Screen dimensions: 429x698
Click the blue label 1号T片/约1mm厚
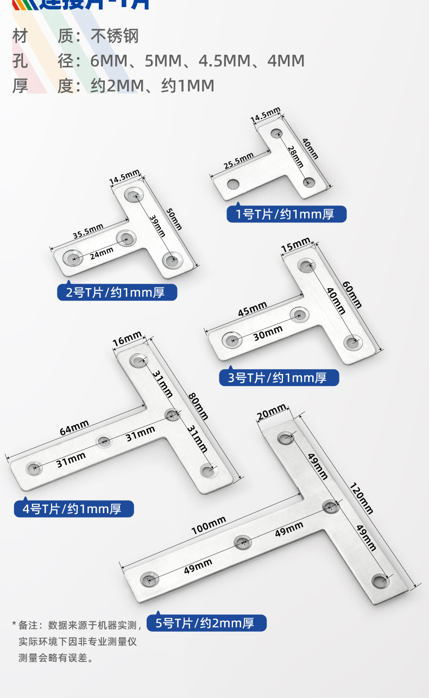click(x=286, y=214)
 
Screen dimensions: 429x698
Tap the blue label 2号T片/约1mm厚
click(x=117, y=292)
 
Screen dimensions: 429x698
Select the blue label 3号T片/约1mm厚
click(x=279, y=377)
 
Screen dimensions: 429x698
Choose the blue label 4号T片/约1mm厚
click(x=74, y=509)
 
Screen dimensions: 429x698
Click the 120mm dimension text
click(x=361, y=498)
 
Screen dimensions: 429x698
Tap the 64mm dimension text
click(x=74, y=427)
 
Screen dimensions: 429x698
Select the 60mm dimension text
click(x=352, y=295)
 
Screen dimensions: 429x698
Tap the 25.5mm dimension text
click(x=238, y=161)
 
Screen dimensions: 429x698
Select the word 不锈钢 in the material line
click(x=115, y=36)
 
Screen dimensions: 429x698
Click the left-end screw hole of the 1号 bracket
click(x=234, y=184)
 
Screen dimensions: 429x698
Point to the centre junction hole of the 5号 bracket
click(x=331, y=507)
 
